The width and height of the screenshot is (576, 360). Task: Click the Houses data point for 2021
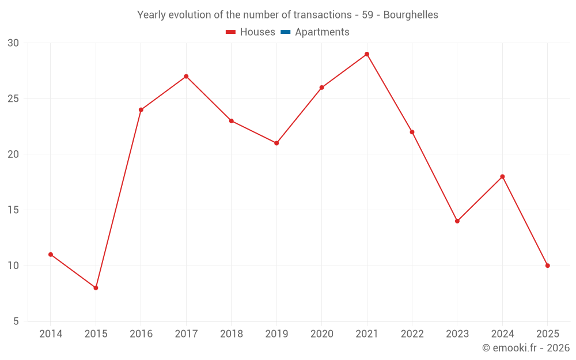click(367, 54)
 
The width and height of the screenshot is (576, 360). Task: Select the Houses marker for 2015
click(96, 288)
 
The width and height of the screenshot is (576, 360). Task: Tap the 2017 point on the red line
click(186, 77)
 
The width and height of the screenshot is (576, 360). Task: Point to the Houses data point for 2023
click(457, 221)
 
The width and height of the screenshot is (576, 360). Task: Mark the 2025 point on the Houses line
click(548, 266)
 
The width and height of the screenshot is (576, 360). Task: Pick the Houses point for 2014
click(51, 255)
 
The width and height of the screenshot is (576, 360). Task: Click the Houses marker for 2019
click(276, 143)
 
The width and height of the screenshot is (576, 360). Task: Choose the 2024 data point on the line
click(502, 177)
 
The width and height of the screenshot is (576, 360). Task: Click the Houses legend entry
click(251, 32)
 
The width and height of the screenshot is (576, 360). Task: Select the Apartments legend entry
click(315, 32)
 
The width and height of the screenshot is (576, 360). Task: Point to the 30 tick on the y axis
click(13, 43)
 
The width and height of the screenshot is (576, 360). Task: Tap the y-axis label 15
click(13, 210)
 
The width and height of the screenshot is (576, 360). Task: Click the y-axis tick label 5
click(16, 321)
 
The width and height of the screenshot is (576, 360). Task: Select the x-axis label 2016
click(141, 334)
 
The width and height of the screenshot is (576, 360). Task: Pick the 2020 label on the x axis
click(321, 334)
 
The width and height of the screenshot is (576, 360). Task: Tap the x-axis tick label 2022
click(412, 334)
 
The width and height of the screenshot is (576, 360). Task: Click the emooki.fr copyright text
click(526, 348)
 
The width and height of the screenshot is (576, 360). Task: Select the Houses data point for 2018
click(232, 121)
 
